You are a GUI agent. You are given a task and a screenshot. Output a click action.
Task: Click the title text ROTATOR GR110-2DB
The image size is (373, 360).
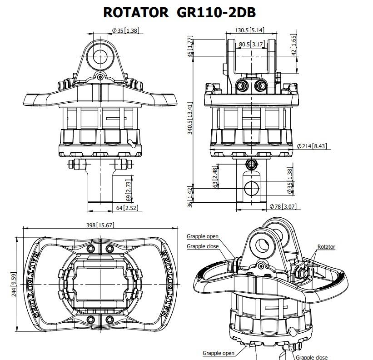[179, 12]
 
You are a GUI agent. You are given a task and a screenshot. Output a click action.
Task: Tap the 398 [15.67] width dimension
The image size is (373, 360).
[100, 225]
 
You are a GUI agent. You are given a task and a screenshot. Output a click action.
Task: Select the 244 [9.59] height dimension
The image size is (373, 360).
[14, 285]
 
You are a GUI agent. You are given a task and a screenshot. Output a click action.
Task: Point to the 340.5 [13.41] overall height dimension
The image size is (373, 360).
[190, 118]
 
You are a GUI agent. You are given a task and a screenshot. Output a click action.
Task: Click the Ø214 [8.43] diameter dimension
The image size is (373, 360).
[312, 146]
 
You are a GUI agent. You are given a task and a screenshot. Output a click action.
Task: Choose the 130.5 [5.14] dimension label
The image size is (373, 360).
[249, 30]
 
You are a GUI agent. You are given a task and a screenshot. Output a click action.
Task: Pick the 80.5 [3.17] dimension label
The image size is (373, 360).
[252, 44]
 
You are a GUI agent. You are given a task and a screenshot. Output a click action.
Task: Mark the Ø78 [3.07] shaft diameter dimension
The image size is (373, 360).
[283, 206]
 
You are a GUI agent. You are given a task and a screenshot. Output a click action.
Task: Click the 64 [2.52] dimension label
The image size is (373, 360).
[127, 208]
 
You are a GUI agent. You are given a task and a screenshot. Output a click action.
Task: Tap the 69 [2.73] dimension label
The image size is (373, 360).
[128, 191]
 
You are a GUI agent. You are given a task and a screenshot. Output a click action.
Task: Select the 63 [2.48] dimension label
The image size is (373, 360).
[215, 178]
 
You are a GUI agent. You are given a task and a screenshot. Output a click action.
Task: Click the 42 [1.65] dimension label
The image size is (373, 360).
[294, 45]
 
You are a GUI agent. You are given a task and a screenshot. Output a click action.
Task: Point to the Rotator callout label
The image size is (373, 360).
[326, 247]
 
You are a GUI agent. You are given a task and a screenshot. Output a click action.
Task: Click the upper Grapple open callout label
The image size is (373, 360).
[203, 236]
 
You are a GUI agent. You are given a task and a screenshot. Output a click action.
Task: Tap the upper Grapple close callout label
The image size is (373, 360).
[203, 246]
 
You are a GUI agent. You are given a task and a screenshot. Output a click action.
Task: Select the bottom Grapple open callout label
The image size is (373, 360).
[219, 353]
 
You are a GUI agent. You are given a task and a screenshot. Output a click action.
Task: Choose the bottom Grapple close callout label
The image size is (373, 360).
[312, 357]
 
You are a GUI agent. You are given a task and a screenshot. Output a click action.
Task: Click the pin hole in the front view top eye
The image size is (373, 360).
[100, 57]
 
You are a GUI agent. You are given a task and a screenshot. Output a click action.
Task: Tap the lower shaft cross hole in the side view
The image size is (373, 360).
[251, 189]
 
